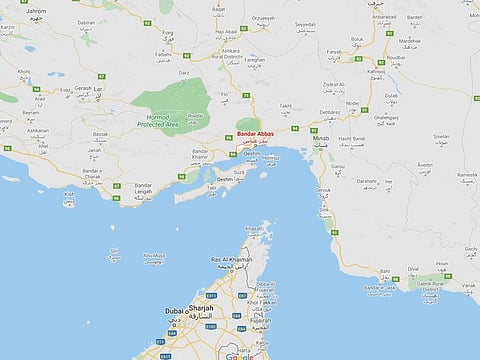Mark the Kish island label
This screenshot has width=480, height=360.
pos(68,193)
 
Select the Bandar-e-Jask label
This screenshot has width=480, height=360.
pos(380,288)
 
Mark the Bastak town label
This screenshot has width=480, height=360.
pos(99,132)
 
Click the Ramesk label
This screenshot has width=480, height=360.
pos(465,176)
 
